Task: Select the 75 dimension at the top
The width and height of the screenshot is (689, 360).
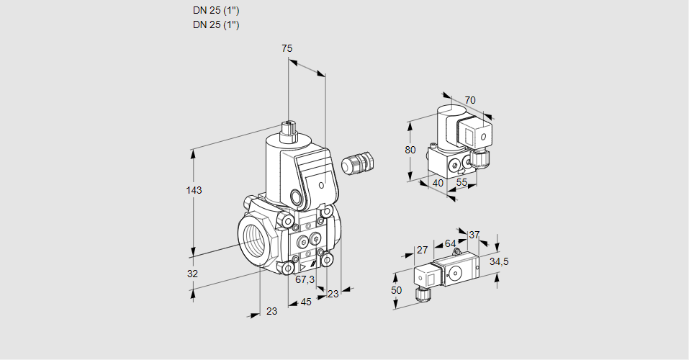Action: (x=287, y=48)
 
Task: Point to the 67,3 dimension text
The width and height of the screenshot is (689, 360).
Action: (x=305, y=279)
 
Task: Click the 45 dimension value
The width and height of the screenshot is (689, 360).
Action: (x=306, y=302)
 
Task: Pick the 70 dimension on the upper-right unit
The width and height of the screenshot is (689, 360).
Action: (x=470, y=100)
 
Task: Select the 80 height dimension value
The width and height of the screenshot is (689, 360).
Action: (x=410, y=150)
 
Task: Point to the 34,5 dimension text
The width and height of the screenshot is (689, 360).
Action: (x=499, y=261)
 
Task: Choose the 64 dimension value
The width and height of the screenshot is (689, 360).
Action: (x=450, y=243)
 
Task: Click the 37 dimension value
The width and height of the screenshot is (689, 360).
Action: (x=474, y=235)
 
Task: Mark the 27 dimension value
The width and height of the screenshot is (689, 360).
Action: (x=422, y=250)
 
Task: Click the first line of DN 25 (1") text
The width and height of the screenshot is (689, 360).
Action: (x=216, y=10)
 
